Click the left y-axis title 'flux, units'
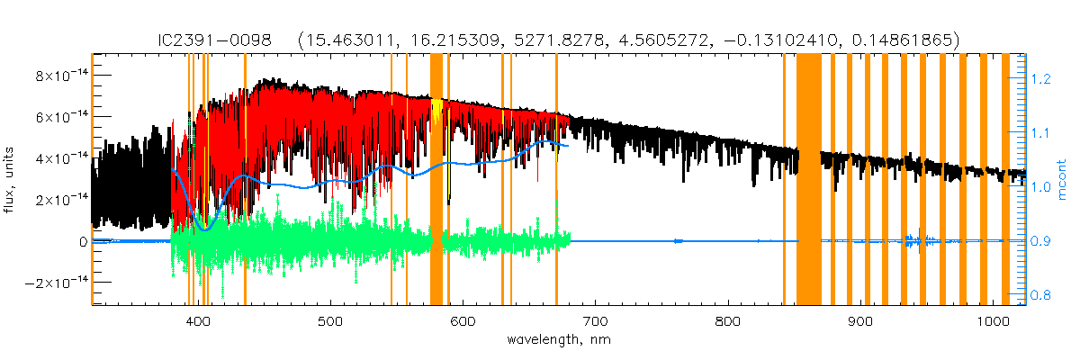click(x=12, y=180)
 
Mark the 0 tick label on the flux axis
click(x=83, y=241)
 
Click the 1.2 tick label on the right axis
click(x=1040, y=80)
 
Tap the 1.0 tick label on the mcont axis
click(x=1040, y=187)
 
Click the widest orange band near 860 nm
click(x=808, y=180)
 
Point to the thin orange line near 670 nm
click(x=556, y=180)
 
